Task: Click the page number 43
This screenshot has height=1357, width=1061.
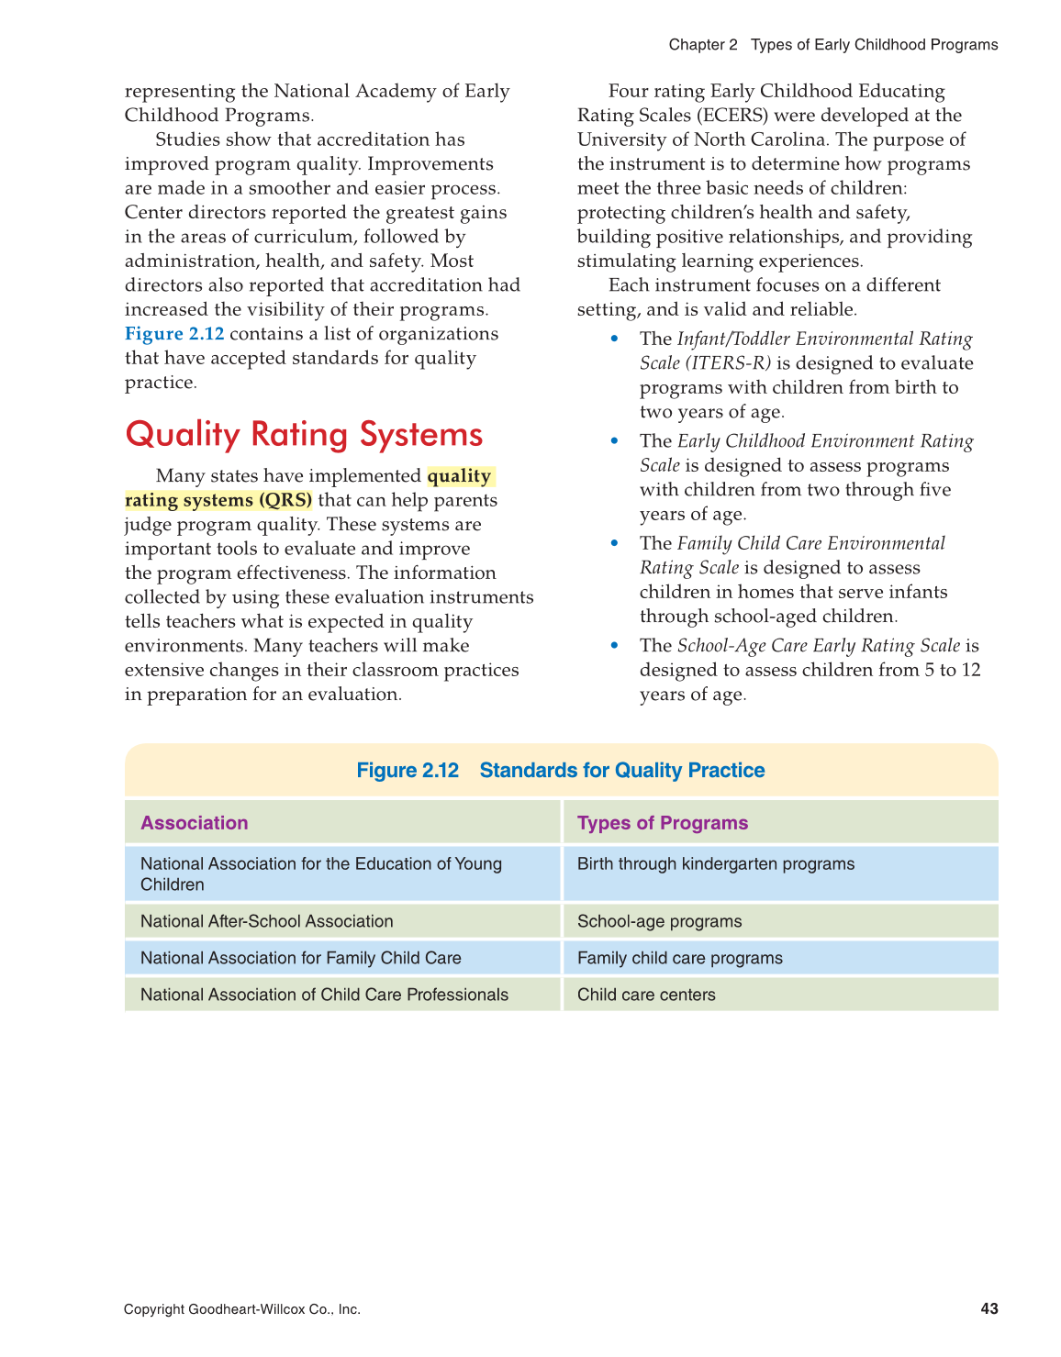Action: point(988,1308)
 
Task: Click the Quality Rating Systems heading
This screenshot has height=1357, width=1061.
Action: point(304,434)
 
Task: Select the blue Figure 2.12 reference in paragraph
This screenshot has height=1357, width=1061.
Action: point(174,334)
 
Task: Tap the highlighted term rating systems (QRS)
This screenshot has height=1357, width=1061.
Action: point(218,500)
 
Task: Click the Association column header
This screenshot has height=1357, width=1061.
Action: point(194,823)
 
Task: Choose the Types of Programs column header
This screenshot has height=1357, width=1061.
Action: point(662,823)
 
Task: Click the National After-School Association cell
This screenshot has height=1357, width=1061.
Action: point(266,921)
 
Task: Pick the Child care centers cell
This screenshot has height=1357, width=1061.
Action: point(646,995)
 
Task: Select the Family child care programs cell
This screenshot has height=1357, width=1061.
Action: point(679,958)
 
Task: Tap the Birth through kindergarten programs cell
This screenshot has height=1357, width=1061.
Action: point(715,864)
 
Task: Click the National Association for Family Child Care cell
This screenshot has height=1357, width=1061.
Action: point(300,958)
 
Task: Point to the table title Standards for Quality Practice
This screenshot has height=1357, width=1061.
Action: point(621,770)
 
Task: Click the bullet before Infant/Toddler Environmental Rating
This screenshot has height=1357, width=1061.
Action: point(615,339)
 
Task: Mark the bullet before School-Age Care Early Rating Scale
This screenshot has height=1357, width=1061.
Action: point(615,646)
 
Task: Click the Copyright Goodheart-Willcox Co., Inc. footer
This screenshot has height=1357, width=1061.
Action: point(242,1309)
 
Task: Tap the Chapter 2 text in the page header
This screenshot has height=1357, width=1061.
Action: point(702,45)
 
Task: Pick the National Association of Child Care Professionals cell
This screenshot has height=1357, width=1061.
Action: point(324,995)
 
